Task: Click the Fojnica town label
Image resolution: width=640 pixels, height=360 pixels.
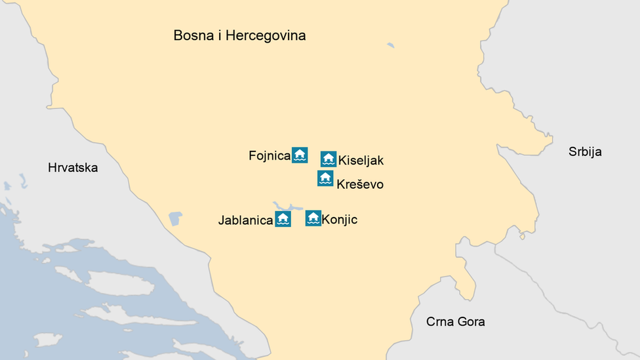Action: coord(270,155)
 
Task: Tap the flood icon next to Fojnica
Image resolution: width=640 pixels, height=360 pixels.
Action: coord(300,155)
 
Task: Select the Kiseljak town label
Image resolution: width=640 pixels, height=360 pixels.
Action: coord(361,160)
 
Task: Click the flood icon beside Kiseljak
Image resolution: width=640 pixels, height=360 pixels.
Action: coord(329,159)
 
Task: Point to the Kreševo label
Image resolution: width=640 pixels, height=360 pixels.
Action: coord(360,184)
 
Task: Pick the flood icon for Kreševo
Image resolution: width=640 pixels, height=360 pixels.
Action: coord(325,178)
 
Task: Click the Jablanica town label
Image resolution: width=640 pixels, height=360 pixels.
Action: coord(245,221)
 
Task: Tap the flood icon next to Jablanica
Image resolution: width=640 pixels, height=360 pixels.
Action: coord(283,219)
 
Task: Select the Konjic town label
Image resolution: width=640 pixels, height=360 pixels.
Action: coord(340,219)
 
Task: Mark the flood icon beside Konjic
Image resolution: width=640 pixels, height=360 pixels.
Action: coord(313,218)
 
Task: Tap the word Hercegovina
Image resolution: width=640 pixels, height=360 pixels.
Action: coord(266,35)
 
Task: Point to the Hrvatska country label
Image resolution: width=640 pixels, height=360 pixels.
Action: coord(73,168)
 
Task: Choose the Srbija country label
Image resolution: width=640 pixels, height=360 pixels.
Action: coord(585,152)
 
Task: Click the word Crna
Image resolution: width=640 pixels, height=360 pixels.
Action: coord(439,321)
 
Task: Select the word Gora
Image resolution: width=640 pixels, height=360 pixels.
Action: coord(471,321)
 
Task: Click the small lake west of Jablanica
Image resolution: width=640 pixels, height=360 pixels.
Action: coord(174,218)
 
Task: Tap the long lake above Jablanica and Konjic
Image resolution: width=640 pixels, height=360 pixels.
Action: coord(287,207)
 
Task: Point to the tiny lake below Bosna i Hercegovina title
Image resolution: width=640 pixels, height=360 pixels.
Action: coord(391,45)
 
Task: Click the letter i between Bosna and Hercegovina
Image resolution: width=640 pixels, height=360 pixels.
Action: coord(220,35)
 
